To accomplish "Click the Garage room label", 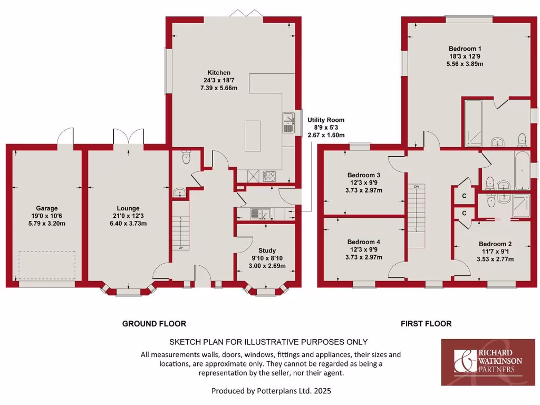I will pos(47,208).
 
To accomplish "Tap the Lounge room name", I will pos(128,208).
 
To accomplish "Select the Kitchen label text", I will pos(218,72).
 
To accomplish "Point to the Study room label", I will pos(267,250).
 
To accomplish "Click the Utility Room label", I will pos(326,120).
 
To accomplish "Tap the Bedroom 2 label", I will pos(495,244).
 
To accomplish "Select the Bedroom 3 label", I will pos(364,175).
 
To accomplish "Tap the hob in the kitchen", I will pos(268,176).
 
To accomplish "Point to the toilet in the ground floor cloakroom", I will pos(185,157).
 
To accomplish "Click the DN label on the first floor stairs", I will pos(416,187).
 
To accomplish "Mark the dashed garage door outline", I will pos(47,265).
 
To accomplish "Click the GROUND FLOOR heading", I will pos(154,323).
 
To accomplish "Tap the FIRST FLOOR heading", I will pos(426,323).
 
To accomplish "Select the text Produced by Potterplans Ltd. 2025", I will pos(271,391).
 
